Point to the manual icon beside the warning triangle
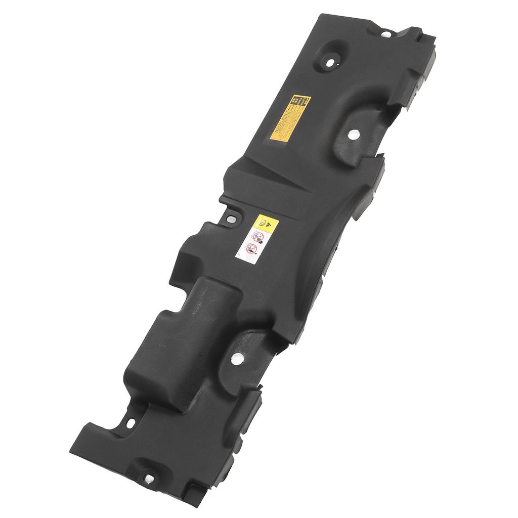tap(263, 222)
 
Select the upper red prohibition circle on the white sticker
tap(258, 236)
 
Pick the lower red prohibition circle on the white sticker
tap(250, 248)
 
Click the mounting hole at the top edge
tap(385, 34)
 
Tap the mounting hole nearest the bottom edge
tap(150, 478)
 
